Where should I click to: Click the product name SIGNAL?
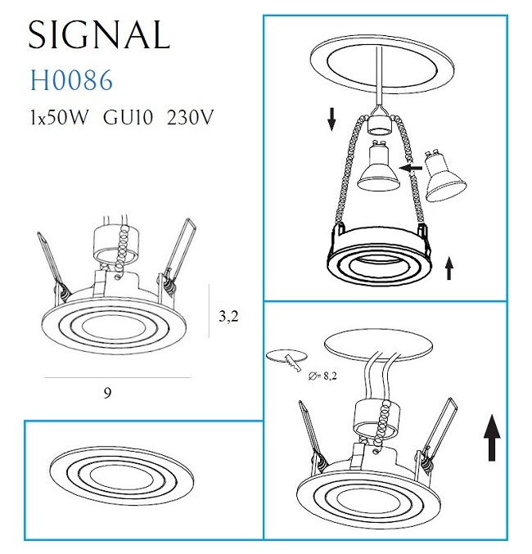pos(99,34)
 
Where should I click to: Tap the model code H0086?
pos(72,80)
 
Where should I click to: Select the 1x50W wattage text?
pos(58,117)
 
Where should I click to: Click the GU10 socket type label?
pos(128,117)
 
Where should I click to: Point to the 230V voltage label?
pos(190,117)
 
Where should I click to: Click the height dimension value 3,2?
pos(228,316)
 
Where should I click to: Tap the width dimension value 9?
pos(108,393)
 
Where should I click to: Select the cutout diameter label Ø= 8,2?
pos(322,376)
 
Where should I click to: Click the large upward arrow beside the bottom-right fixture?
pos(492,438)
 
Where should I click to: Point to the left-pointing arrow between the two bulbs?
pos(410,168)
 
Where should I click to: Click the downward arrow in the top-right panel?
pos(331,119)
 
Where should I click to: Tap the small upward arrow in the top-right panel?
pos(449,268)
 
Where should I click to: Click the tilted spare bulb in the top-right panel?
pos(444,177)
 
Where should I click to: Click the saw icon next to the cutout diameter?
pos(292,363)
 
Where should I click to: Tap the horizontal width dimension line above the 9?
pos(117,378)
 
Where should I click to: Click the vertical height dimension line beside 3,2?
pos(210,311)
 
